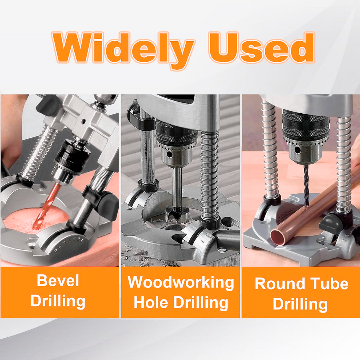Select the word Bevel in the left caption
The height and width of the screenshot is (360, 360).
(58, 281)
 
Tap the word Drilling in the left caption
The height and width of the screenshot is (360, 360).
(58, 301)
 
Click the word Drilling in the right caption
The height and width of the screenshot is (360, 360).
(300, 304)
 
